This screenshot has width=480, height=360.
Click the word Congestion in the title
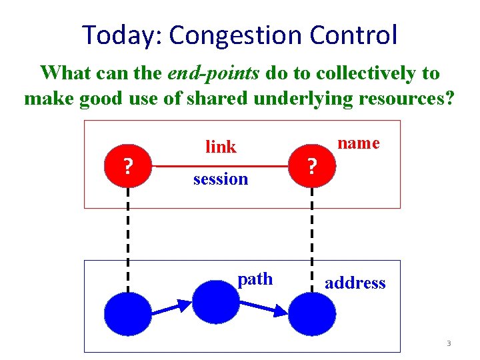[x=238, y=35]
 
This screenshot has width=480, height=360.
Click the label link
[x=221, y=147]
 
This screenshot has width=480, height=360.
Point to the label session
[x=221, y=179]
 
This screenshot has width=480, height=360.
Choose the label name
[x=358, y=143]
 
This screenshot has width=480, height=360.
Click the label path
[x=255, y=279]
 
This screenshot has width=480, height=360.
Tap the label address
[x=355, y=283]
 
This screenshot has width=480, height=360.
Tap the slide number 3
[x=449, y=344]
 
